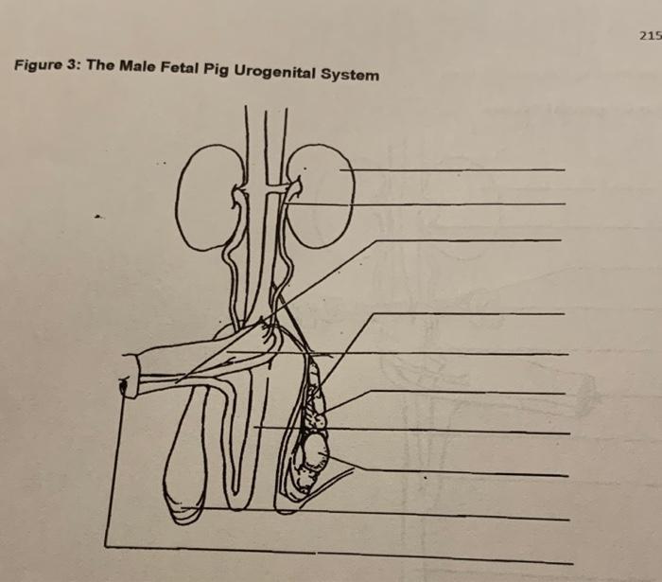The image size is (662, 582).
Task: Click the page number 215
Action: point(649,36)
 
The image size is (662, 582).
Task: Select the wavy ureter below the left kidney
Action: point(231,251)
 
